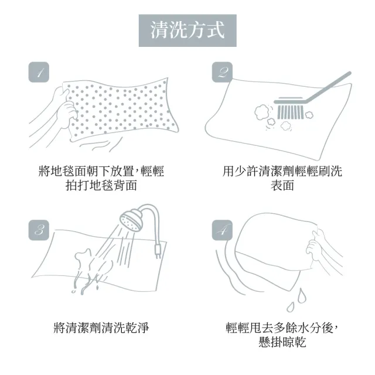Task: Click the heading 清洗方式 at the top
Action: pos(187,30)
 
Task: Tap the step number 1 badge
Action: pos(39,72)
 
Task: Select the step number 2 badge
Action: pos(223,72)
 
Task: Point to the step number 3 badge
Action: pos(39,230)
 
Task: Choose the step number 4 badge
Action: pos(223,230)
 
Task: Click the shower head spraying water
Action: pos(131,220)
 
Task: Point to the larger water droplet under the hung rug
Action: pos(302,296)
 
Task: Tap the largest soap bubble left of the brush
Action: pos(261,112)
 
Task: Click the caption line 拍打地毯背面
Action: pos(101,186)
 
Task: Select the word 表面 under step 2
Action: pos(282,186)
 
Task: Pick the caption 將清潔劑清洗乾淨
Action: pos(101,328)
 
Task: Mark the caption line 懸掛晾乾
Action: pos(282,342)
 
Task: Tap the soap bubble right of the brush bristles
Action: pos(309,114)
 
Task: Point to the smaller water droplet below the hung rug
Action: pos(291,307)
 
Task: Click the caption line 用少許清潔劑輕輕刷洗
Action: pos(282,171)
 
